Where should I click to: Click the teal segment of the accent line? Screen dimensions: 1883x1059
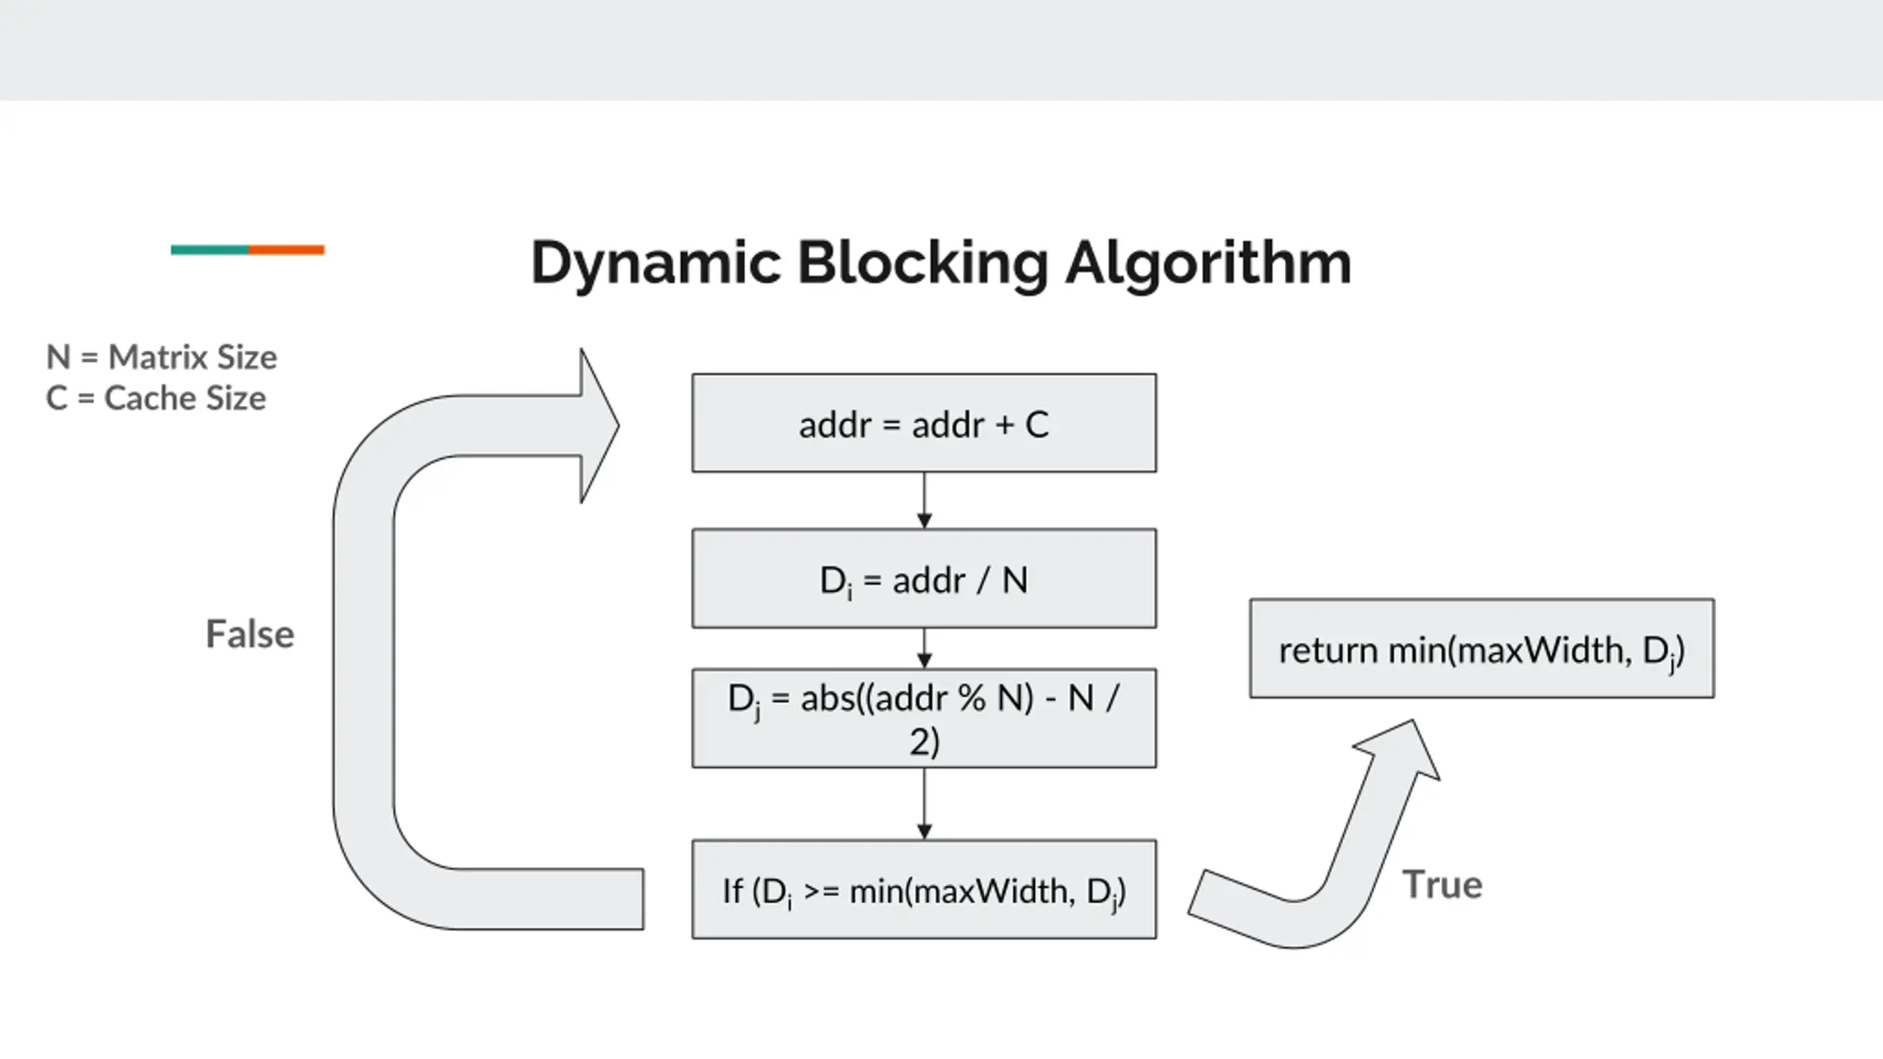point(210,250)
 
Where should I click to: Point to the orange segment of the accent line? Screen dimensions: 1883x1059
point(286,250)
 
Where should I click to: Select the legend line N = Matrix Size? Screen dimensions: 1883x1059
point(162,357)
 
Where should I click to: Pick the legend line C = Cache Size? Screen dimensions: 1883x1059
point(156,399)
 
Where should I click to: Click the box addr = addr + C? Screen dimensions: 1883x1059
point(924,423)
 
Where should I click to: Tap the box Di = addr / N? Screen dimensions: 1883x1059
point(924,578)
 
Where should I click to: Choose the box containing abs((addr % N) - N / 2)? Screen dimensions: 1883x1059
point(924,719)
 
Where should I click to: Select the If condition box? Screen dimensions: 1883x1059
point(924,889)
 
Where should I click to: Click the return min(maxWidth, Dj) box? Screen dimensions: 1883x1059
point(1482,649)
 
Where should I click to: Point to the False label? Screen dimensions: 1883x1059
point(250,634)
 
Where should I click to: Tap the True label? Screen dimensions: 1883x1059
point(1442,885)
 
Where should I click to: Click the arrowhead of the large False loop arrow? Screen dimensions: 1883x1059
point(600,425)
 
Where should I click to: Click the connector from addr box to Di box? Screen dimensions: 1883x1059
point(925,500)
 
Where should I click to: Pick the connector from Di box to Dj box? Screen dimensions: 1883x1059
point(925,648)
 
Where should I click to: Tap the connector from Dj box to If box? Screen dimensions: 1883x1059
point(925,804)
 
